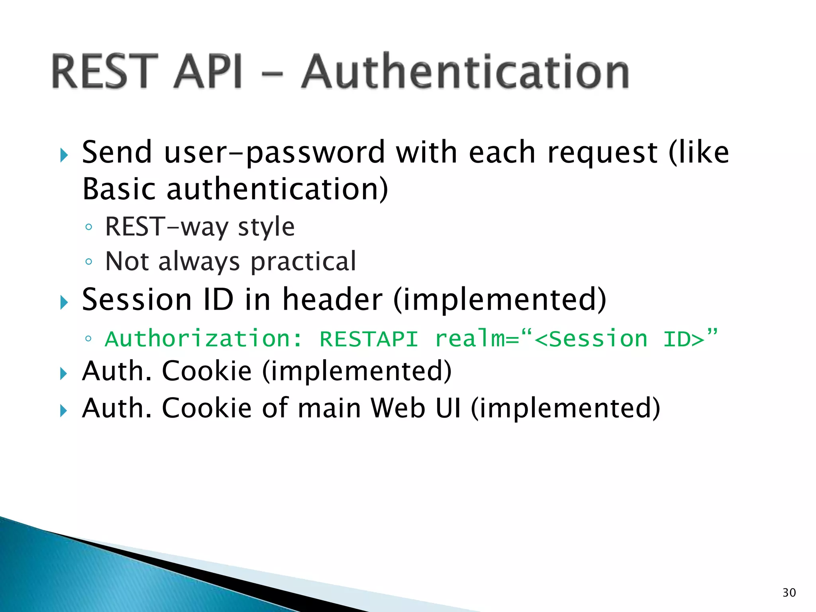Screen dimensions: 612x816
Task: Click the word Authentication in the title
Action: pos(465,72)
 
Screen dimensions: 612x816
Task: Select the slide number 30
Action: pos(789,592)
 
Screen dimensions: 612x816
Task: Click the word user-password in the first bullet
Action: pos(274,153)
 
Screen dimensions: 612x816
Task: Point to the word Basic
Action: pos(119,189)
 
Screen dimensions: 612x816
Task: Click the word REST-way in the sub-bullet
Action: pos(167,226)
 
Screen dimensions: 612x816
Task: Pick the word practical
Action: pos(303,262)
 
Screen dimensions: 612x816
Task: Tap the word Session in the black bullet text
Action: pos(137,300)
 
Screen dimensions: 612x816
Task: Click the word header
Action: pos(332,300)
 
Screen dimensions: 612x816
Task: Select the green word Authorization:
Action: pos(204,339)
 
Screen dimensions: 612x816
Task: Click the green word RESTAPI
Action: pos(369,339)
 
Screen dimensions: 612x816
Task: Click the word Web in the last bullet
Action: pos(398,408)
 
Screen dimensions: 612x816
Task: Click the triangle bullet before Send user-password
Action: pos(64,155)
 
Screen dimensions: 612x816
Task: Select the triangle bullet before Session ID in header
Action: pos(64,302)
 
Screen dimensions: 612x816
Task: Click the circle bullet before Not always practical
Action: pos(88,262)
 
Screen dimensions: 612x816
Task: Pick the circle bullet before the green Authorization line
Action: pos(88,339)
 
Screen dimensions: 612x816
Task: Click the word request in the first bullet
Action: pos(602,153)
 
